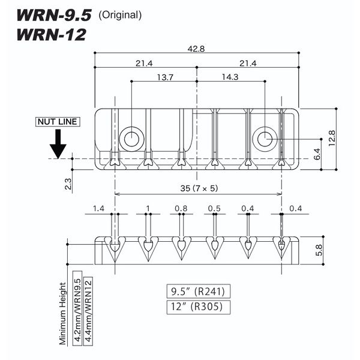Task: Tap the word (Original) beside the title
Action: coord(120,15)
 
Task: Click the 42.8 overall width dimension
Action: coord(196,49)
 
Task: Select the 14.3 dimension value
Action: coord(229,77)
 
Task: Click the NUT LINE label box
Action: coord(58,122)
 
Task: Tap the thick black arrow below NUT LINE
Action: coord(58,144)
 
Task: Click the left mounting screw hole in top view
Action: coord(131,138)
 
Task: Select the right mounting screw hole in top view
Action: coord(262,138)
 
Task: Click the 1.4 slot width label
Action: coord(99,208)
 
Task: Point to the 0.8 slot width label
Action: coord(180,208)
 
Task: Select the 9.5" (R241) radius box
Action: coord(197,293)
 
